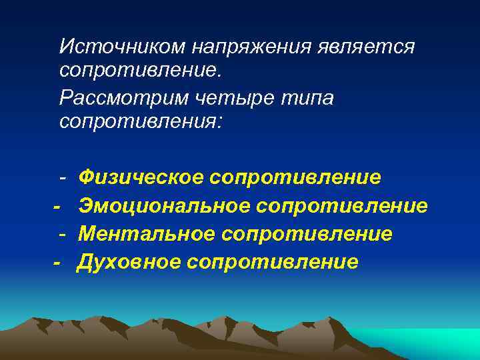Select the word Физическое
point(141,177)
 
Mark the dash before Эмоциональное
point(57,206)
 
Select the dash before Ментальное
point(61,234)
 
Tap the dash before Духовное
point(57,262)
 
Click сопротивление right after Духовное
point(273,261)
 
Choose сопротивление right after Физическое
point(295,177)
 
